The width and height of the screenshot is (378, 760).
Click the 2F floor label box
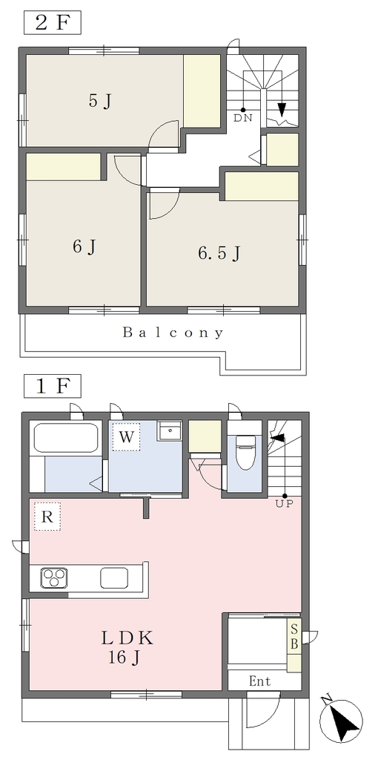(53, 23)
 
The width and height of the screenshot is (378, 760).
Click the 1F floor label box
(53, 386)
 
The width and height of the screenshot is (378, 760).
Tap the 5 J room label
(101, 101)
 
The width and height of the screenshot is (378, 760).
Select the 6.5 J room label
(219, 253)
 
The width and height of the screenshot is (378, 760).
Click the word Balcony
(173, 333)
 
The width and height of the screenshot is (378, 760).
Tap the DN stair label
(243, 118)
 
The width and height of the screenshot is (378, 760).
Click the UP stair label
(285, 504)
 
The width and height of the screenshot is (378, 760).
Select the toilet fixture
(245, 452)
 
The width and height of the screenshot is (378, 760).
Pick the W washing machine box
(126, 437)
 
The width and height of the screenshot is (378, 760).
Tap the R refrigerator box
(47, 517)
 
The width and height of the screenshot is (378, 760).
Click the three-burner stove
(53, 578)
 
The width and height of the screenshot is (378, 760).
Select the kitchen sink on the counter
(114, 577)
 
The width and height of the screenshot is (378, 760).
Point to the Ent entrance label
(260, 681)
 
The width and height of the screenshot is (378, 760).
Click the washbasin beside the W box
(170, 430)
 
